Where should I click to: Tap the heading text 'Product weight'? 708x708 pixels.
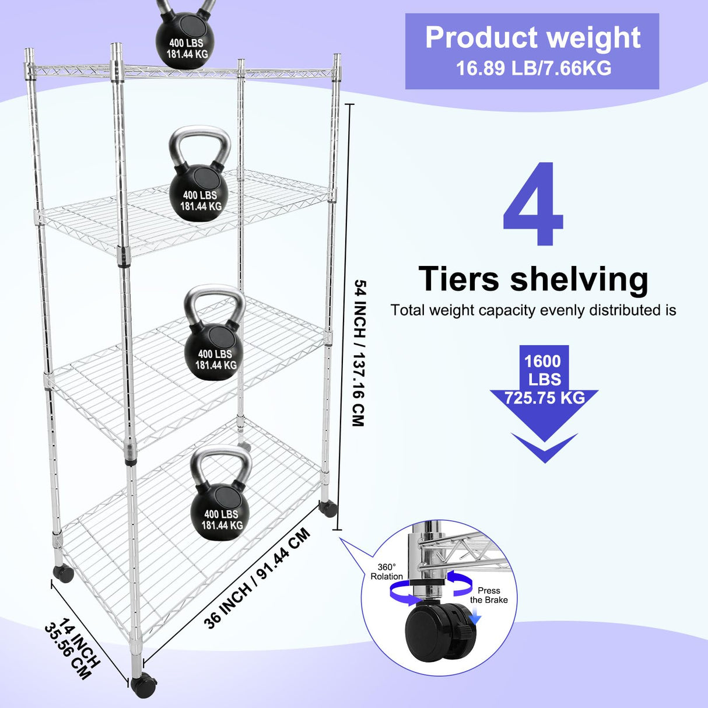pos(532,38)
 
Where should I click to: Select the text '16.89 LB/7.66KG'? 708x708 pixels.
pos(533,68)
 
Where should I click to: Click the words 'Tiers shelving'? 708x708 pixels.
pos(533,279)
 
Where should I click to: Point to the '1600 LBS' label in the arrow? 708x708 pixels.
pos(543,370)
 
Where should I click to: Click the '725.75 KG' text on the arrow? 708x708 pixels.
pos(544,398)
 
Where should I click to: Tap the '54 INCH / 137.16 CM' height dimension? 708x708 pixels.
pos(359,353)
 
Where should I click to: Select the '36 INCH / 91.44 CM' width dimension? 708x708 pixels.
pos(257,579)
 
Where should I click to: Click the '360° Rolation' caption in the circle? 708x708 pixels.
pos(386,572)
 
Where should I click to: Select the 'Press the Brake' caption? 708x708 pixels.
pos(489,595)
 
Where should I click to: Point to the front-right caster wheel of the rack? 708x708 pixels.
pos(142,686)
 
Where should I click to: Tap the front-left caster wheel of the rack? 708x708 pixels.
pos(63,573)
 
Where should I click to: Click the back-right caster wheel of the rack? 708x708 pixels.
pos(328,509)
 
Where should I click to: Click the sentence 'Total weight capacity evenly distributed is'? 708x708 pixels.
pos(533,310)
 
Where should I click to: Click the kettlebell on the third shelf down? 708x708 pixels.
pos(214,350)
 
